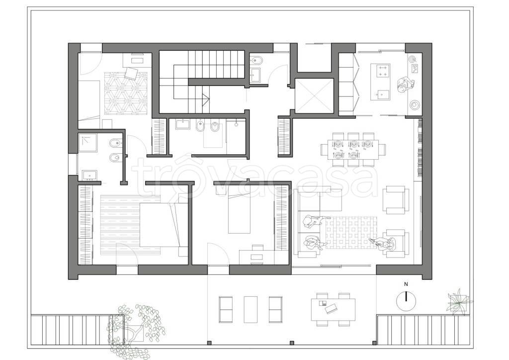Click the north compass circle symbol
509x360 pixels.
(x=406, y=300)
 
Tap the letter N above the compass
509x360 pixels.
(x=406, y=284)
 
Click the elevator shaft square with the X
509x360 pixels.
(x=315, y=96)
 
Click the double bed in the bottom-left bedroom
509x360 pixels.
(x=164, y=225)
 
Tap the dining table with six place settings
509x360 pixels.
(x=353, y=149)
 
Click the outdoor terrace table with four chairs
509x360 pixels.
(x=333, y=309)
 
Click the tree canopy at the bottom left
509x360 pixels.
(x=136, y=328)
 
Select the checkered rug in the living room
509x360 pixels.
(x=351, y=233)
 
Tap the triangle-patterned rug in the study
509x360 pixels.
(x=126, y=93)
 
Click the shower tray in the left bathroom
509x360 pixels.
(x=88, y=143)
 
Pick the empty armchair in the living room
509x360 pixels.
(x=395, y=199)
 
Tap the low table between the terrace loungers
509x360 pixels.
(x=251, y=309)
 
